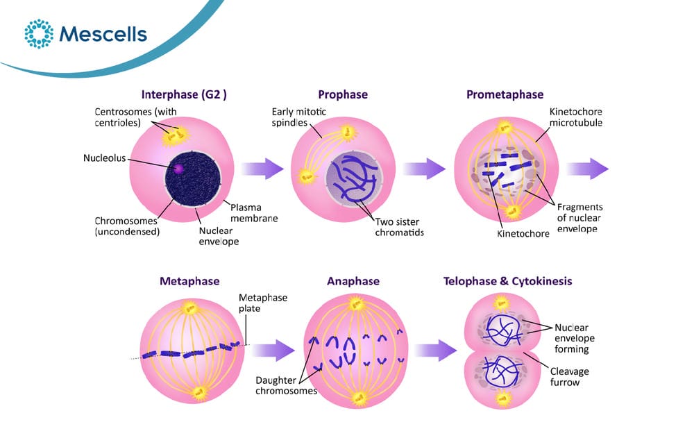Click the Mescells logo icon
[x=39, y=33]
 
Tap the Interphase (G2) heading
[x=184, y=94]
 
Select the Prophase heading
[x=343, y=94]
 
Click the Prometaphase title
[x=505, y=94]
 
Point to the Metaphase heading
[x=189, y=281]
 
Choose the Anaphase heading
[x=353, y=281]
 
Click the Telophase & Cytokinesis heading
[x=508, y=281]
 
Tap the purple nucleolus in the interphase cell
[x=178, y=168]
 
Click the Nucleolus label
[x=105, y=158]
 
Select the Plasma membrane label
[x=254, y=212]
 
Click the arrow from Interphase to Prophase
[x=262, y=168]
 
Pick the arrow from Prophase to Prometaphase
[x=424, y=168]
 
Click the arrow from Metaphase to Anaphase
[x=273, y=351]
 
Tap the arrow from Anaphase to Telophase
[x=436, y=351]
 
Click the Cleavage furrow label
[x=570, y=376]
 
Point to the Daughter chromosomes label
[x=286, y=385]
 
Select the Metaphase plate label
[x=263, y=303]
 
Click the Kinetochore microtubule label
[x=576, y=117]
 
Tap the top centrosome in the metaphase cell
[x=190, y=307]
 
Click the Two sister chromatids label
[x=399, y=227]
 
